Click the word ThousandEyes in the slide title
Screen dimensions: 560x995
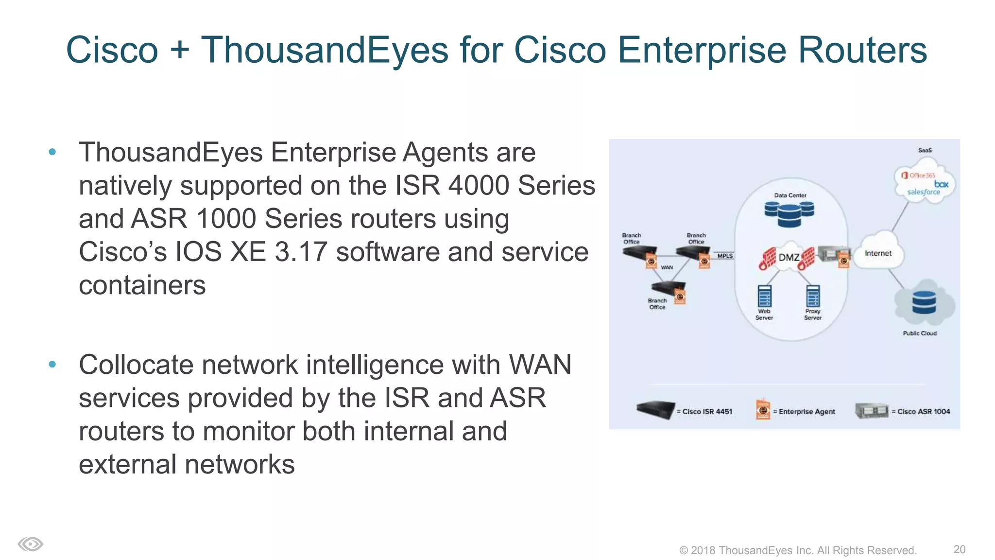pos(325,50)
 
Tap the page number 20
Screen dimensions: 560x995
pos(959,549)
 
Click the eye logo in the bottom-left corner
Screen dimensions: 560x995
pos(31,544)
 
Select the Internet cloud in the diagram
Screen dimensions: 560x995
pos(878,253)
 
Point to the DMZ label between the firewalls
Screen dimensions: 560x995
pos(789,257)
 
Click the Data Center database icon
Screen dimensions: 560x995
pos(789,214)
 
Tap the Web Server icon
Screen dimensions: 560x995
pos(764,296)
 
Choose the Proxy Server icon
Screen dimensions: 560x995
pos(813,296)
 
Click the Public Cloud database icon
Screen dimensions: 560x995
pos(924,302)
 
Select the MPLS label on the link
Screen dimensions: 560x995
pos(725,256)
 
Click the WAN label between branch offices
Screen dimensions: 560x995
pos(667,267)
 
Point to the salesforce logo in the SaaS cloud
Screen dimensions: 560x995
pos(923,192)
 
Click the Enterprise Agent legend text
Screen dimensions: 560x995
pos(806,412)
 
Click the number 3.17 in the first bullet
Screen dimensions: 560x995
pos(301,252)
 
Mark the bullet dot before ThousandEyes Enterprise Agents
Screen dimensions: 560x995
pos(52,152)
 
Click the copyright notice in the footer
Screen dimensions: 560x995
pos(798,550)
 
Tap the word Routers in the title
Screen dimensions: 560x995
pos(862,50)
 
